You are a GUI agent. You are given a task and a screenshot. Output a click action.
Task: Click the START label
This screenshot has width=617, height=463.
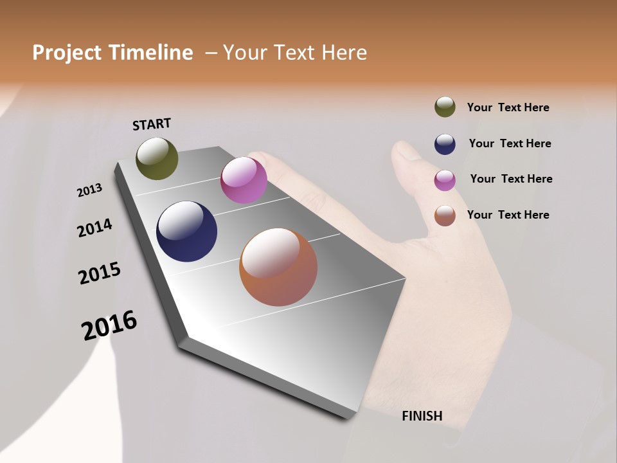point(152,124)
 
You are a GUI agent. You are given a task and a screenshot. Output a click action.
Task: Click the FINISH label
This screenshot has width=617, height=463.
point(422,416)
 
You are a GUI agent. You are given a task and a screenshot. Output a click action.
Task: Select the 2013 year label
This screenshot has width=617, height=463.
point(90,190)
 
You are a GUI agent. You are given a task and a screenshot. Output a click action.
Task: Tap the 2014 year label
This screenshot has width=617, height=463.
point(94,228)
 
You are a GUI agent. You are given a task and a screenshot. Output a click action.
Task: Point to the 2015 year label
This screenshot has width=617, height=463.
point(100,273)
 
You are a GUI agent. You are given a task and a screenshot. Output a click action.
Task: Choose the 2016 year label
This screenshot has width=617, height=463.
point(109,325)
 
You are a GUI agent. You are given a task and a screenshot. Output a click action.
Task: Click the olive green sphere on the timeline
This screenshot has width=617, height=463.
point(157,158)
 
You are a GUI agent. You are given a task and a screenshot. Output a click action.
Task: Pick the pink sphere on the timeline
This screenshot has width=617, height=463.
point(244,180)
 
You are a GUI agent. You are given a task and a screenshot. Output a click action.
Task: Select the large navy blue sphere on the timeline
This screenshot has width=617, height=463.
point(187,232)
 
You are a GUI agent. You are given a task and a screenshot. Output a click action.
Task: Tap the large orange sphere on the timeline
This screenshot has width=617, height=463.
point(278,267)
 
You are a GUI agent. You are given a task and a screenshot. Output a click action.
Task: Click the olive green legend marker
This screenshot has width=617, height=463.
point(445,107)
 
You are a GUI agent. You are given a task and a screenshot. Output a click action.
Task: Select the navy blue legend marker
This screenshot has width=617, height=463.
point(445,144)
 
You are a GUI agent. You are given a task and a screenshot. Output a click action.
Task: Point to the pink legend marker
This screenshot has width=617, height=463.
point(445,180)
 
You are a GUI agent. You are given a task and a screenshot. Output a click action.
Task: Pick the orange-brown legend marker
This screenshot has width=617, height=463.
point(445,215)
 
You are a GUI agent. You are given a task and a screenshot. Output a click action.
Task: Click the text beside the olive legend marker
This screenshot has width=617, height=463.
point(508,107)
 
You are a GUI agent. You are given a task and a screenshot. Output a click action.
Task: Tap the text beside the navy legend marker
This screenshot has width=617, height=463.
point(510,143)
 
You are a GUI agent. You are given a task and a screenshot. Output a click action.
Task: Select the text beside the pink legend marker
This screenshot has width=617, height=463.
point(511,179)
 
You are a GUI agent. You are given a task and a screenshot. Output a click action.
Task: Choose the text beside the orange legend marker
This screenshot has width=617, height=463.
point(508,215)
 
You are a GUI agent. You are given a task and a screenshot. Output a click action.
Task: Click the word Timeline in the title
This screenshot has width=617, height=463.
point(150,53)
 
